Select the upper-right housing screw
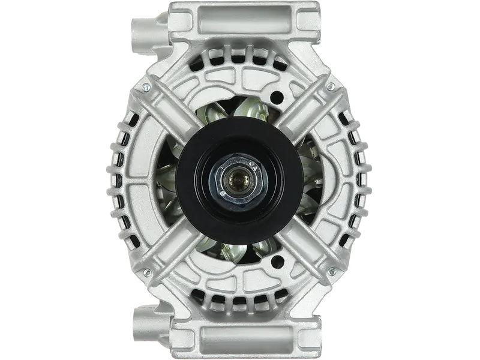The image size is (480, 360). [329, 88]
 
